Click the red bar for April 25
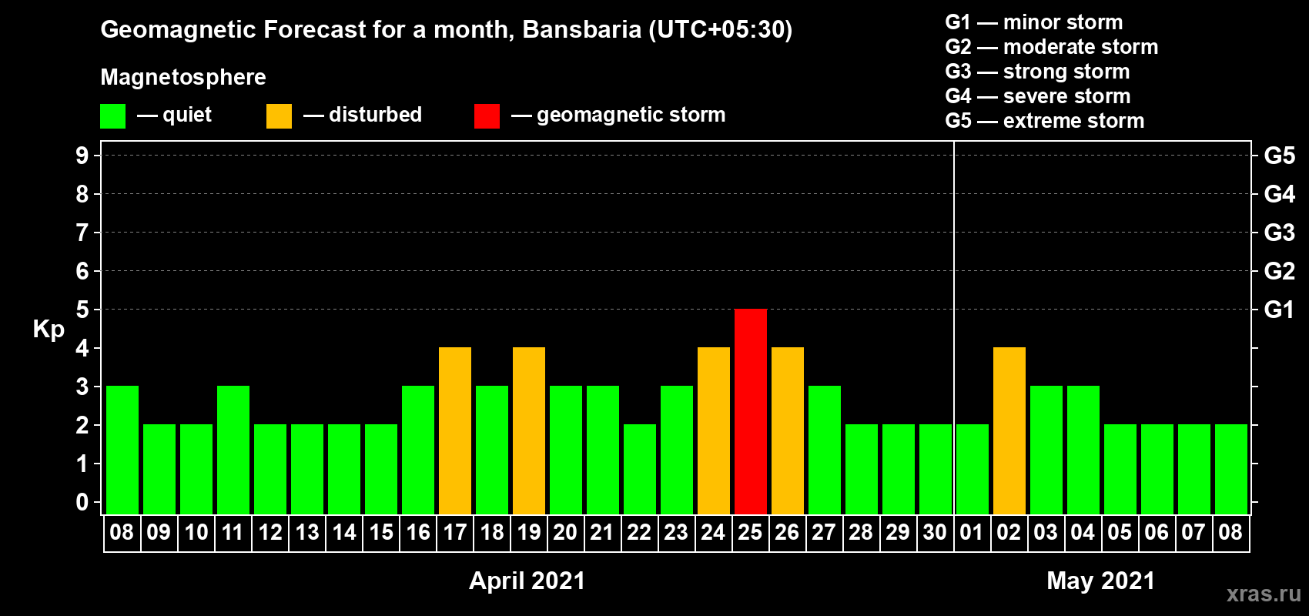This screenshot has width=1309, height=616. click(750, 411)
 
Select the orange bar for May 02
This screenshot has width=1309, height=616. click(1009, 430)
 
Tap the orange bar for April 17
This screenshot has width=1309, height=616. click(454, 430)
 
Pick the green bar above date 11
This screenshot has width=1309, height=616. click(233, 450)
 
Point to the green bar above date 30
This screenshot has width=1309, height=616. click(935, 469)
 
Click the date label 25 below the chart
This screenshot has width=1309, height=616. click(750, 532)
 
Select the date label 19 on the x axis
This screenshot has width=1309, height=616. click(529, 532)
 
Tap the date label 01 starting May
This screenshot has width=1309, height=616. click(972, 532)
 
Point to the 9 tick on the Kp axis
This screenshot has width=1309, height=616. click(82, 156)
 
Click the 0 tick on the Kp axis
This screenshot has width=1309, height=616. click(82, 502)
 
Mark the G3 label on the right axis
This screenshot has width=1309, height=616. click(1279, 233)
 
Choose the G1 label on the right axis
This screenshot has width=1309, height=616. click(1279, 310)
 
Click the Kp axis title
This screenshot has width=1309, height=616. click(49, 330)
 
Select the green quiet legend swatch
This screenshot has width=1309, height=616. click(112, 115)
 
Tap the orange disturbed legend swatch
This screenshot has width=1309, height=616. click(279, 115)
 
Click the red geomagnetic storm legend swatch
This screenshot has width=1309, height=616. click(487, 115)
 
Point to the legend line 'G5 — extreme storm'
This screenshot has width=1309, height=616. click(1045, 121)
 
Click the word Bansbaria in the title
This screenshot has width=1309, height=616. click(581, 29)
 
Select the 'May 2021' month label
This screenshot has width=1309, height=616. click(1100, 581)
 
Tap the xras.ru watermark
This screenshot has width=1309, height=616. click(1264, 594)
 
